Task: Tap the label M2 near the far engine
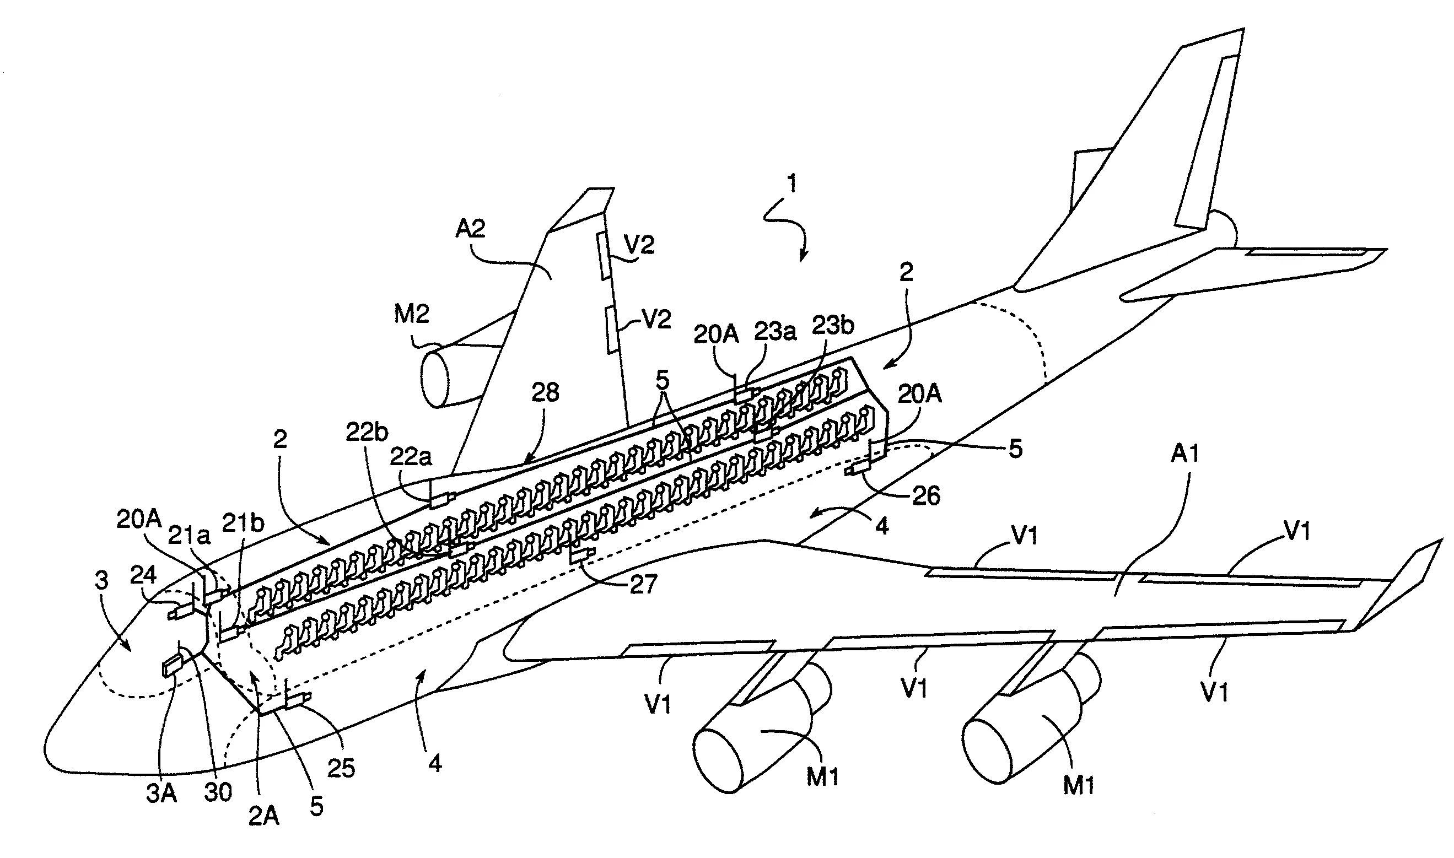(411, 315)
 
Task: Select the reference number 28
(545, 393)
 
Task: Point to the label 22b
(367, 432)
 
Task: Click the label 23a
(775, 332)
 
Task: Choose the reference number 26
(925, 496)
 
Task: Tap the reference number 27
(643, 585)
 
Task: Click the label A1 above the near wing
(1185, 454)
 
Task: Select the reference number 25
(341, 768)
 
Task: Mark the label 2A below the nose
(263, 816)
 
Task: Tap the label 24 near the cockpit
(143, 575)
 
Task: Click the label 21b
(244, 524)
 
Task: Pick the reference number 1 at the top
(791, 184)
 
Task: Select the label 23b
(833, 326)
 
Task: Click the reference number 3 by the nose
(102, 580)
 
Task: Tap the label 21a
(189, 537)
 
